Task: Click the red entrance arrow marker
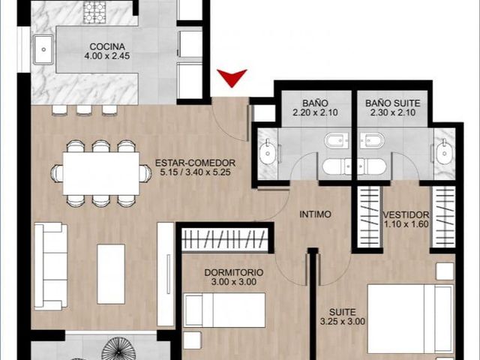point(232,76)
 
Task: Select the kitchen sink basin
point(43,49)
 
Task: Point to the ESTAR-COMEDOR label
point(195,163)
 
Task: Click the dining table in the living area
point(101,173)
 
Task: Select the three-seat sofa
point(51,266)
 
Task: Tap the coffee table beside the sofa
point(111,274)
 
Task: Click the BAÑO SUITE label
point(393,103)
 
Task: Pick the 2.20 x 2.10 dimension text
point(315,112)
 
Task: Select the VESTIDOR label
point(406,214)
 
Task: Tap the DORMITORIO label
point(234,272)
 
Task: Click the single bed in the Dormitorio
point(224,310)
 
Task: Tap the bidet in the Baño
point(336,141)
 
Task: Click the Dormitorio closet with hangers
point(225,238)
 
